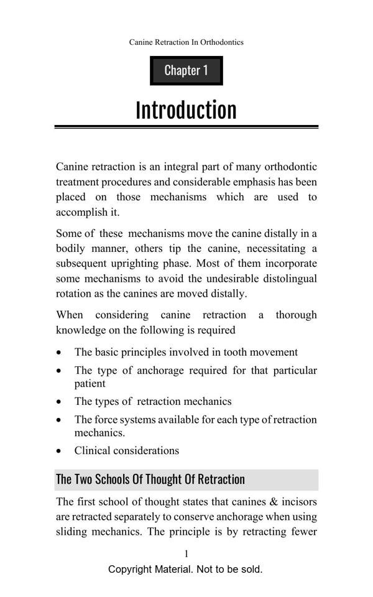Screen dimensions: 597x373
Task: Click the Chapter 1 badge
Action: tap(186, 70)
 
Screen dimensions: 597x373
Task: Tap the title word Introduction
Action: tap(186, 110)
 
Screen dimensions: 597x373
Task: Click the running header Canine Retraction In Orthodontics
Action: tap(186, 42)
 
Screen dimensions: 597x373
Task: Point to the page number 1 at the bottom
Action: tap(186, 553)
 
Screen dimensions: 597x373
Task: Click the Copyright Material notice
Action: tap(185, 569)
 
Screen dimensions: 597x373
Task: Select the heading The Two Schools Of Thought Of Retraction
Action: tap(150, 479)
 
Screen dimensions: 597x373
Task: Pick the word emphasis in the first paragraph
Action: tap(253, 182)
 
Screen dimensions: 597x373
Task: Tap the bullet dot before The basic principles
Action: tap(59, 353)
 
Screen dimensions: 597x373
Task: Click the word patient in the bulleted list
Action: tap(90, 384)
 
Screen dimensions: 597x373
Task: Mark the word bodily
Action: tap(72, 249)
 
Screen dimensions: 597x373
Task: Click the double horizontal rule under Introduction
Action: tap(186, 127)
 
